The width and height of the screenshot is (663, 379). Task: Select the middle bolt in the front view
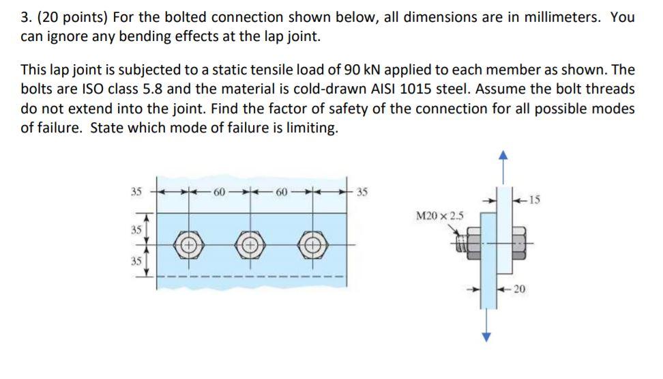coord(250,244)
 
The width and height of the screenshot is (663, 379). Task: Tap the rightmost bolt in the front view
coord(312,244)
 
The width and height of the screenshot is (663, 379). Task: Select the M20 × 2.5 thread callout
coord(440,216)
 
